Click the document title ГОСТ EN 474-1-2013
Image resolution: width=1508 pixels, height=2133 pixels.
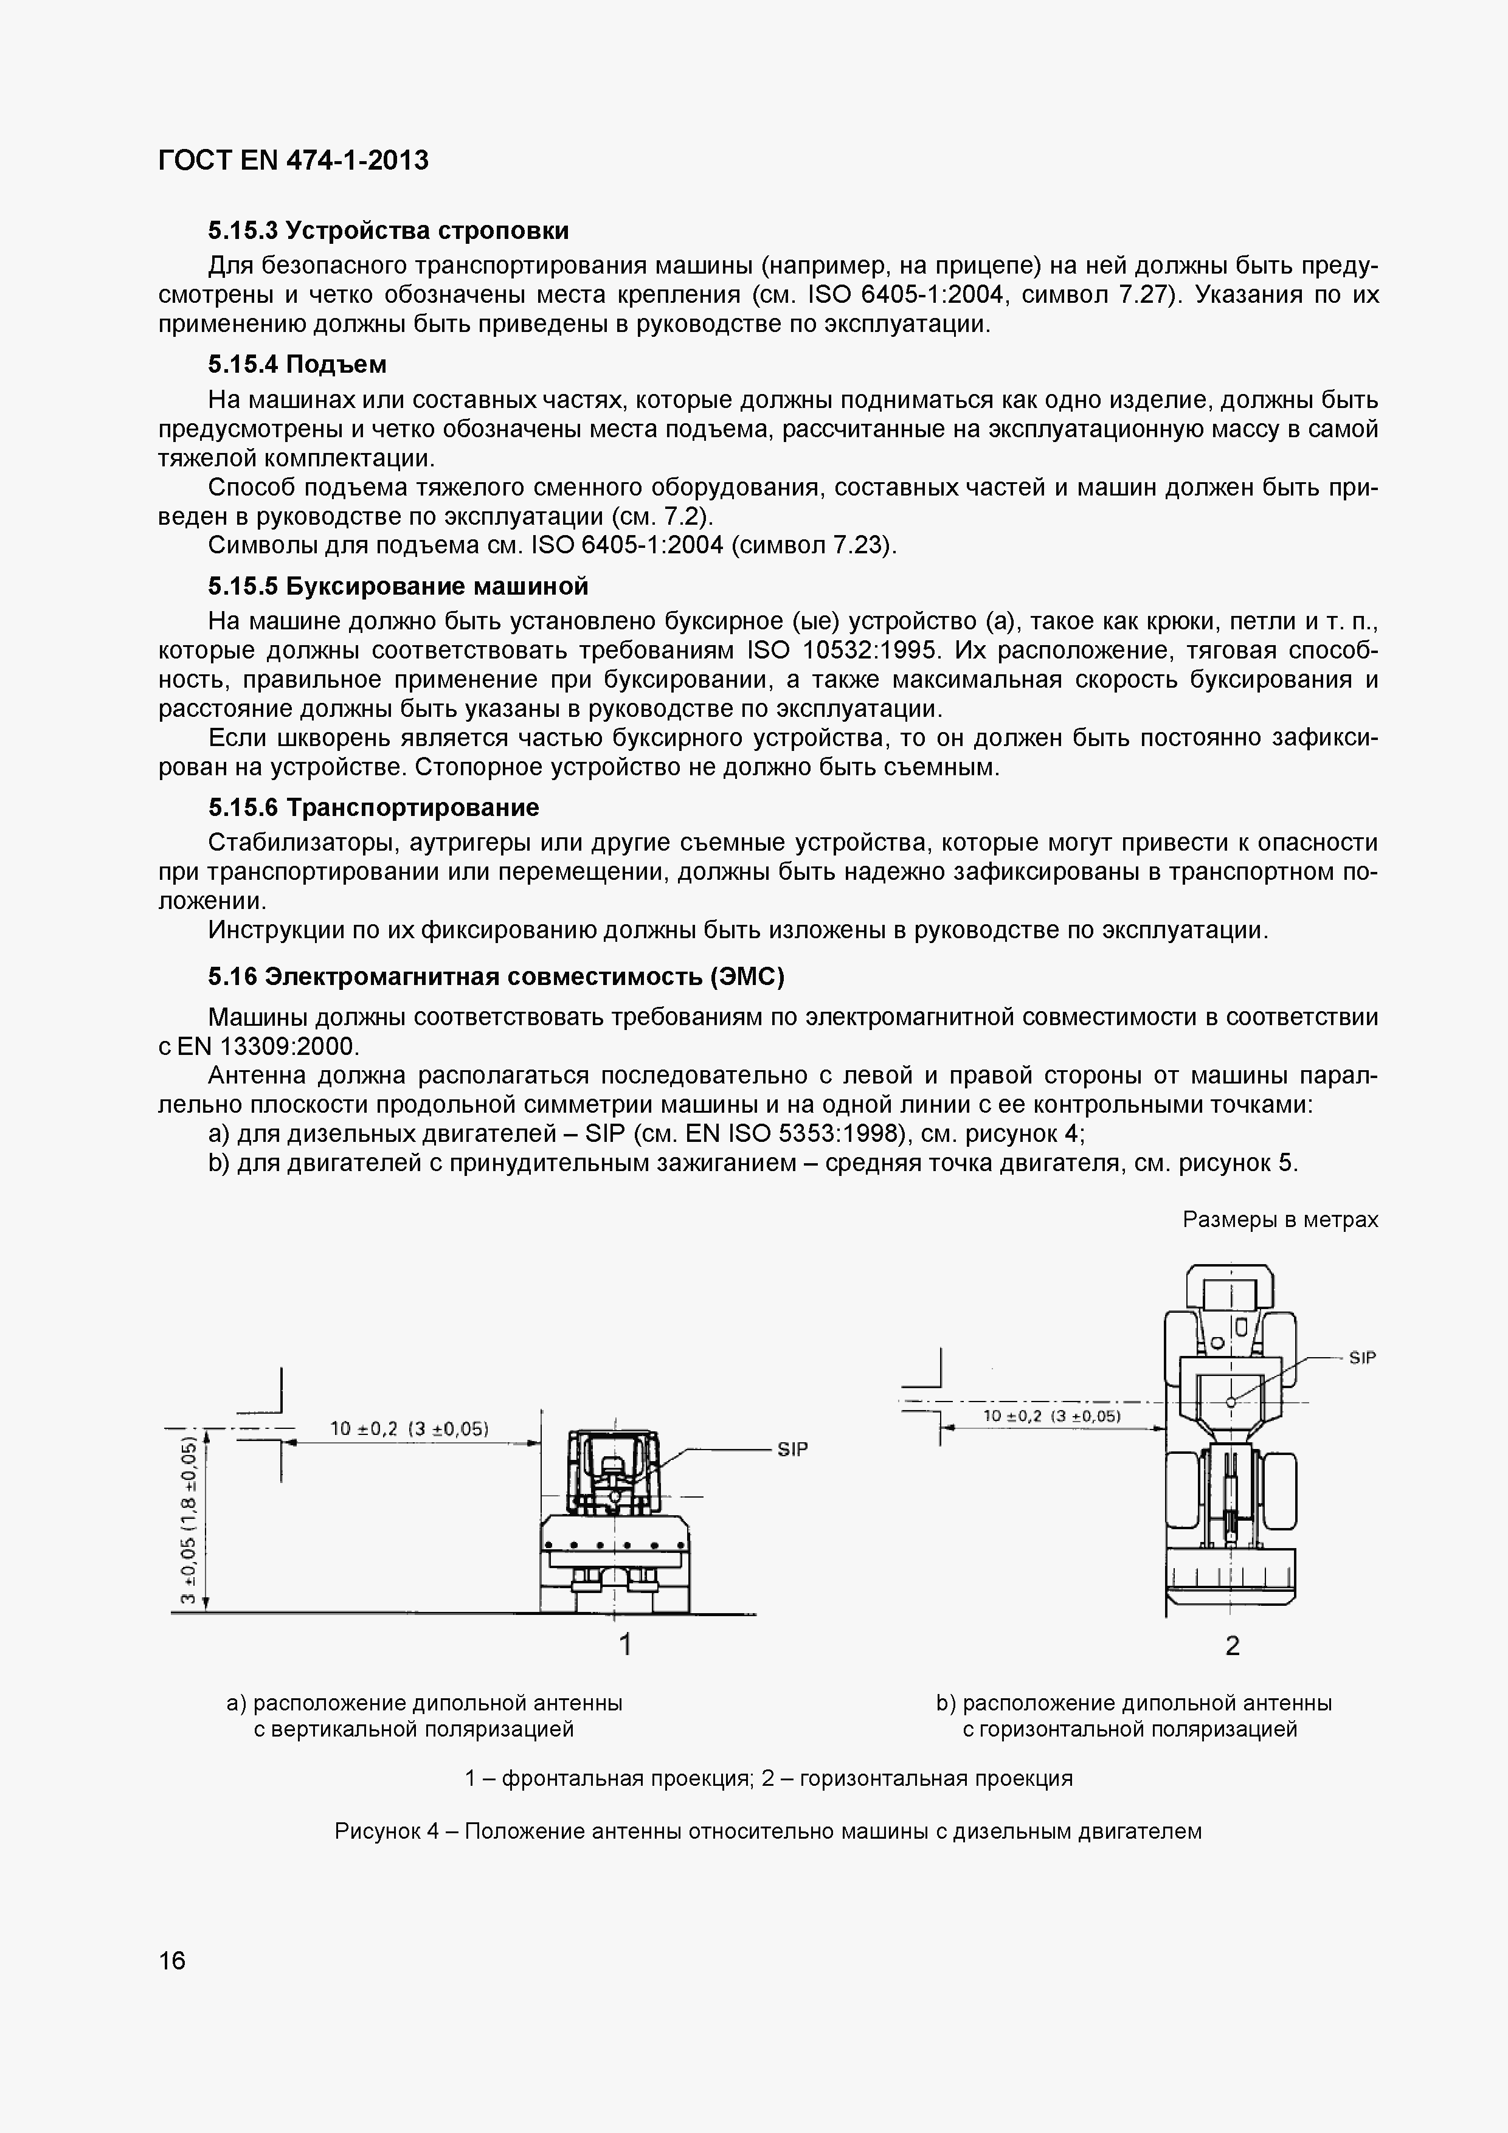click(294, 161)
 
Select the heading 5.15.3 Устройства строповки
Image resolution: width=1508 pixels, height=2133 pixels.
click(389, 230)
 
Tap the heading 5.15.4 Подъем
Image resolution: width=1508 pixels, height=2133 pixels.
click(297, 364)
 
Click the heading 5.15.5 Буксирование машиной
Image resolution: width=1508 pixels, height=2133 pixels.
click(399, 586)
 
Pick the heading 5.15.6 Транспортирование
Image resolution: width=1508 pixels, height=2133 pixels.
click(373, 807)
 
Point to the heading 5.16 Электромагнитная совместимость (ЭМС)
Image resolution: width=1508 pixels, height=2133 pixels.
click(496, 977)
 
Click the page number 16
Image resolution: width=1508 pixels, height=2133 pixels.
click(173, 1961)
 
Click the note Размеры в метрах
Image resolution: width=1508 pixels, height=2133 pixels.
click(1279, 1220)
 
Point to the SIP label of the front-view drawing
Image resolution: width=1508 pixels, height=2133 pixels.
click(792, 1449)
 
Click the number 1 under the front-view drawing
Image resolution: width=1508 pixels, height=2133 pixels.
click(625, 1644)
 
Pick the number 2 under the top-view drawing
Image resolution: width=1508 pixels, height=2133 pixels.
click(1232, 1646)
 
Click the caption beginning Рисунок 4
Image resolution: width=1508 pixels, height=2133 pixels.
click(767, 1831)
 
